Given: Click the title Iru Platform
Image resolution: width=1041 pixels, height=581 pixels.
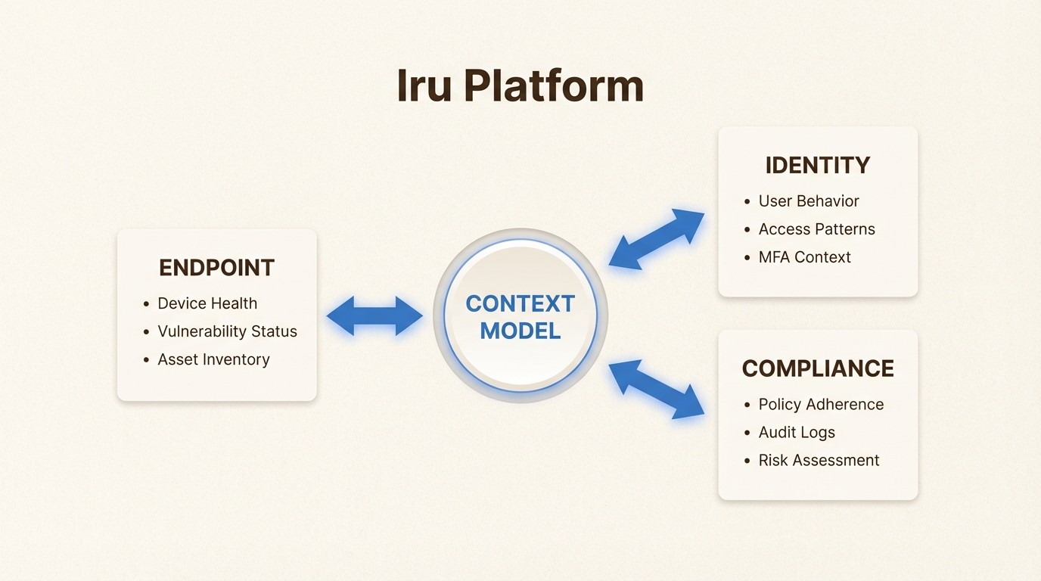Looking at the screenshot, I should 520,86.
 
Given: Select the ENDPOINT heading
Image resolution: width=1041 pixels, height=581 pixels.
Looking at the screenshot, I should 216,268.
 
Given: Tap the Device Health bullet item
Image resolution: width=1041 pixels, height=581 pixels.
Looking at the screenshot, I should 207,303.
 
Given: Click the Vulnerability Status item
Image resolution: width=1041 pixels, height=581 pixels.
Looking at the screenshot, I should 227,331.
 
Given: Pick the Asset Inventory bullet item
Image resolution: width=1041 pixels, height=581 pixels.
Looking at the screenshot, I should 213,359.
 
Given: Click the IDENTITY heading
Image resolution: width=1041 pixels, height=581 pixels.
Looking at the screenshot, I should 817,166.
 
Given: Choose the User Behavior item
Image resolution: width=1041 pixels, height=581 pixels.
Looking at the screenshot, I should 809,201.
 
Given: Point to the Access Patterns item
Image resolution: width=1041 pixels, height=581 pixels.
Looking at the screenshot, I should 816,229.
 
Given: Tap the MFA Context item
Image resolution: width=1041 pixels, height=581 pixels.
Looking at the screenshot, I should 804,257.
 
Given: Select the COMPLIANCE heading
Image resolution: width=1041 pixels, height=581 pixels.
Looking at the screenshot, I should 817,368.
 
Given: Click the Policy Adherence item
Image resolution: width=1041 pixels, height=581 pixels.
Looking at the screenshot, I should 821,405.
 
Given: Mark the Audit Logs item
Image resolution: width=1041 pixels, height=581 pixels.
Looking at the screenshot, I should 797,433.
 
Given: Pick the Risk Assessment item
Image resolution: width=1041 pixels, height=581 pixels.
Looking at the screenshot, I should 819,461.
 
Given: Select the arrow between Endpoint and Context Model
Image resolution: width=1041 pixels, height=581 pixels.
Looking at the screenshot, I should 374,315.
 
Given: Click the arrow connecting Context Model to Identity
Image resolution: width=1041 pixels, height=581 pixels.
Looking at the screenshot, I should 656,239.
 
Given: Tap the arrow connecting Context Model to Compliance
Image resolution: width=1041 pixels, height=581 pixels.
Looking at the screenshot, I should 656,390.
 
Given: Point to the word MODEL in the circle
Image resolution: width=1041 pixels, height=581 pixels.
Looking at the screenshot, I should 520,331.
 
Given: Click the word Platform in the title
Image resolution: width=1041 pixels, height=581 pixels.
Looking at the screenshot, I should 553,86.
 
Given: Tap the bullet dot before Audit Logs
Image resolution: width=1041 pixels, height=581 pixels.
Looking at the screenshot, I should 748,433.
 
